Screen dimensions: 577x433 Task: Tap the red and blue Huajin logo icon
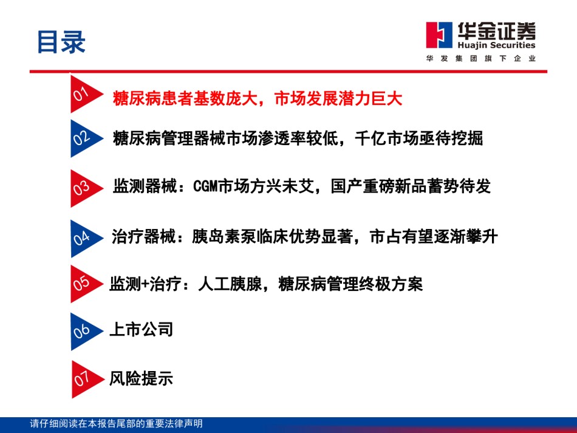(439, 35)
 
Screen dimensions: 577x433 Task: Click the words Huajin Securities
(496, 46)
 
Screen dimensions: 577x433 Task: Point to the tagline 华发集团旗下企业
(481, 58)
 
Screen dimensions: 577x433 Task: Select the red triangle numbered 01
(84, 94)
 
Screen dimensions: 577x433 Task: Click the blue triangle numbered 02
(84, 138)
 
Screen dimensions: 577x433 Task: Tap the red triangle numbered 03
(84, 188)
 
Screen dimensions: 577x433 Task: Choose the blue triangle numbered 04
(84, 239)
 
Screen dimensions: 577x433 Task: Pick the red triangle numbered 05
(84, 284)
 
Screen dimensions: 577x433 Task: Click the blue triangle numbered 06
(84, 332)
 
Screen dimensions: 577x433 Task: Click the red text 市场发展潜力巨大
(338, 98)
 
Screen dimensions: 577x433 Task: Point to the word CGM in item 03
(205, 186)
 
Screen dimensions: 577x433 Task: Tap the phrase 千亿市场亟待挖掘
(418, 138)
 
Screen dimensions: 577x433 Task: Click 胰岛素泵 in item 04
(224, 236)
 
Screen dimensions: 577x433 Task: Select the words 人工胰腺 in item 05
(230, 284)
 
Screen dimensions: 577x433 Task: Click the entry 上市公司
(142, 329)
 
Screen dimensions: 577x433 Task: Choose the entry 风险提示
(142, 378)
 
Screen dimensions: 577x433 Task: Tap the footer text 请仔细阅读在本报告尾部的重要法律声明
(116, 423)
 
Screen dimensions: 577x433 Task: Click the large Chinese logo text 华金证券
(496, 30)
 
